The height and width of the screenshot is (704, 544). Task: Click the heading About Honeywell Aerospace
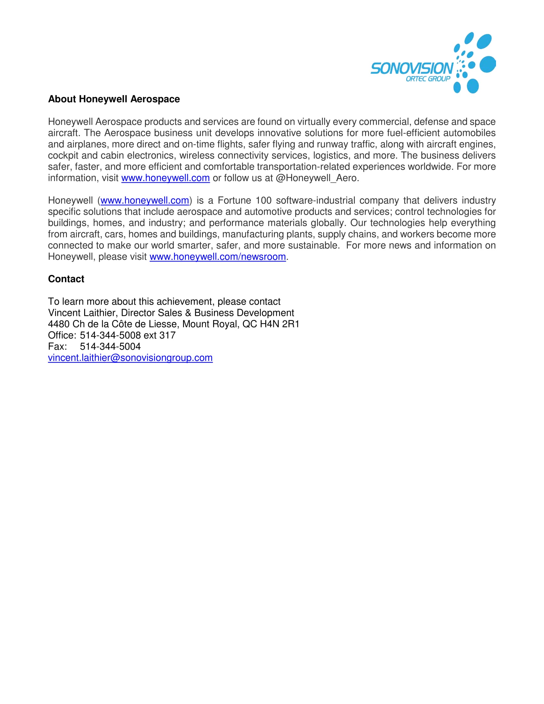click(114, 99)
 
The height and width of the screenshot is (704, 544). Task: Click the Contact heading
click(66, 279)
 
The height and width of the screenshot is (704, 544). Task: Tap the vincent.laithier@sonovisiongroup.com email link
click(130, 358)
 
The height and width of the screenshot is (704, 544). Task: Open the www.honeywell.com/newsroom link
click(218, 257)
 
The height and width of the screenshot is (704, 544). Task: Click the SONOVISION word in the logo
click(412, 69)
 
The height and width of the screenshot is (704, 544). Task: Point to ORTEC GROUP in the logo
click(428, 79)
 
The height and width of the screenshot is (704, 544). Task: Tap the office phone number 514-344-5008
click(110, 335)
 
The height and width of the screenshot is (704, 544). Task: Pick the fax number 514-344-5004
click(110, 347)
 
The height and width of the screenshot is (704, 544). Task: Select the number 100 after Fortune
click(264, 201)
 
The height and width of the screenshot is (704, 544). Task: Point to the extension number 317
click(168, 335)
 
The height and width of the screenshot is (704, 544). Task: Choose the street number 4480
click(59, 324)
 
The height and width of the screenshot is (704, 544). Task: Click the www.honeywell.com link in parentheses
click(145, 201)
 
